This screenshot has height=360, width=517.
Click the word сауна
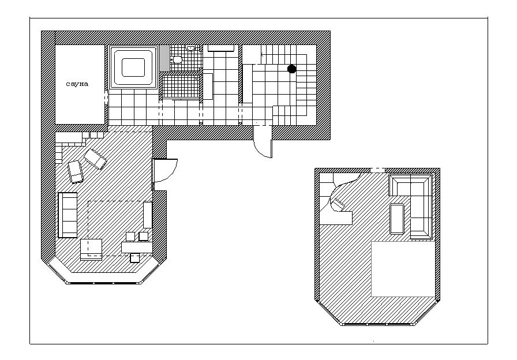coord(77,84)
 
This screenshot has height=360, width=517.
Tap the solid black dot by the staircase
coord(292,69)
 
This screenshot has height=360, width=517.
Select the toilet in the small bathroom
coord(177,59)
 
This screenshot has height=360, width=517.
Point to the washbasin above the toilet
coord(190,48)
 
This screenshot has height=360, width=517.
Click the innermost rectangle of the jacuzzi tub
coord(133,67)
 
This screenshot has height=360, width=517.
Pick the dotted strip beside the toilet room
coord(164,58)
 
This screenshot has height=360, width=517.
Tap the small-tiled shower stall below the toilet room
coord(181,86)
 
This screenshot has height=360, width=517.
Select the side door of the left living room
coord(164,170)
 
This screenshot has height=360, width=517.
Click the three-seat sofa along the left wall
coord(68,215)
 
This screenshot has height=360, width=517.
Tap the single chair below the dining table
coord(135,258)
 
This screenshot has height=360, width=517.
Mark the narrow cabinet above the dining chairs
coord(148,215)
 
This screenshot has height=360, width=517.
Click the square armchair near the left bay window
coord(91,250)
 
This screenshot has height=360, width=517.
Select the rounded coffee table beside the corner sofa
coord(397,219)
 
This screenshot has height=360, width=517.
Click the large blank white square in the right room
coord(403,269)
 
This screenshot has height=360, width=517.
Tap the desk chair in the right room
coord(338,204)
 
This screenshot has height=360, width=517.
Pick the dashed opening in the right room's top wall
coord(377,170)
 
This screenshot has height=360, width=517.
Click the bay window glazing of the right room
coord(378,324)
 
